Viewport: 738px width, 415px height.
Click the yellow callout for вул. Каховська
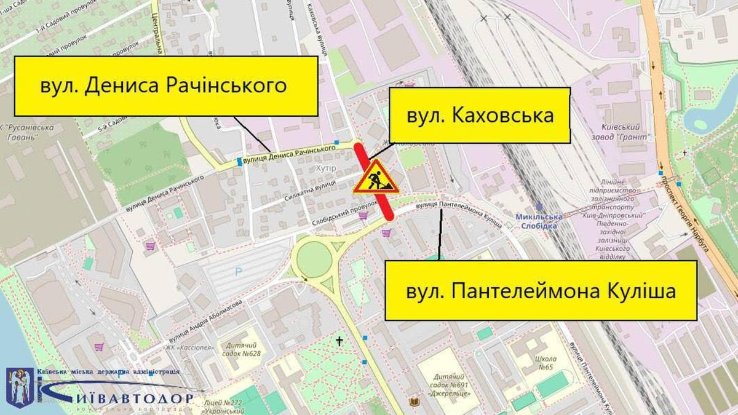click(x=480, y=116)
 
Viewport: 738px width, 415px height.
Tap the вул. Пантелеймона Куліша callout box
click(x=541, y=290)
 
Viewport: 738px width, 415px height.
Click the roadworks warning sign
click(x=375, y=178)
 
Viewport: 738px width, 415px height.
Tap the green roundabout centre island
click(x=314, y=258)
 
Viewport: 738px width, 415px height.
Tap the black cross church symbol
click(x=339, y=341)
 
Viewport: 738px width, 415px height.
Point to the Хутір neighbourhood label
click(x=323, y=168)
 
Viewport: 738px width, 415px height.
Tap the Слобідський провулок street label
click(x=340, y=207)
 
